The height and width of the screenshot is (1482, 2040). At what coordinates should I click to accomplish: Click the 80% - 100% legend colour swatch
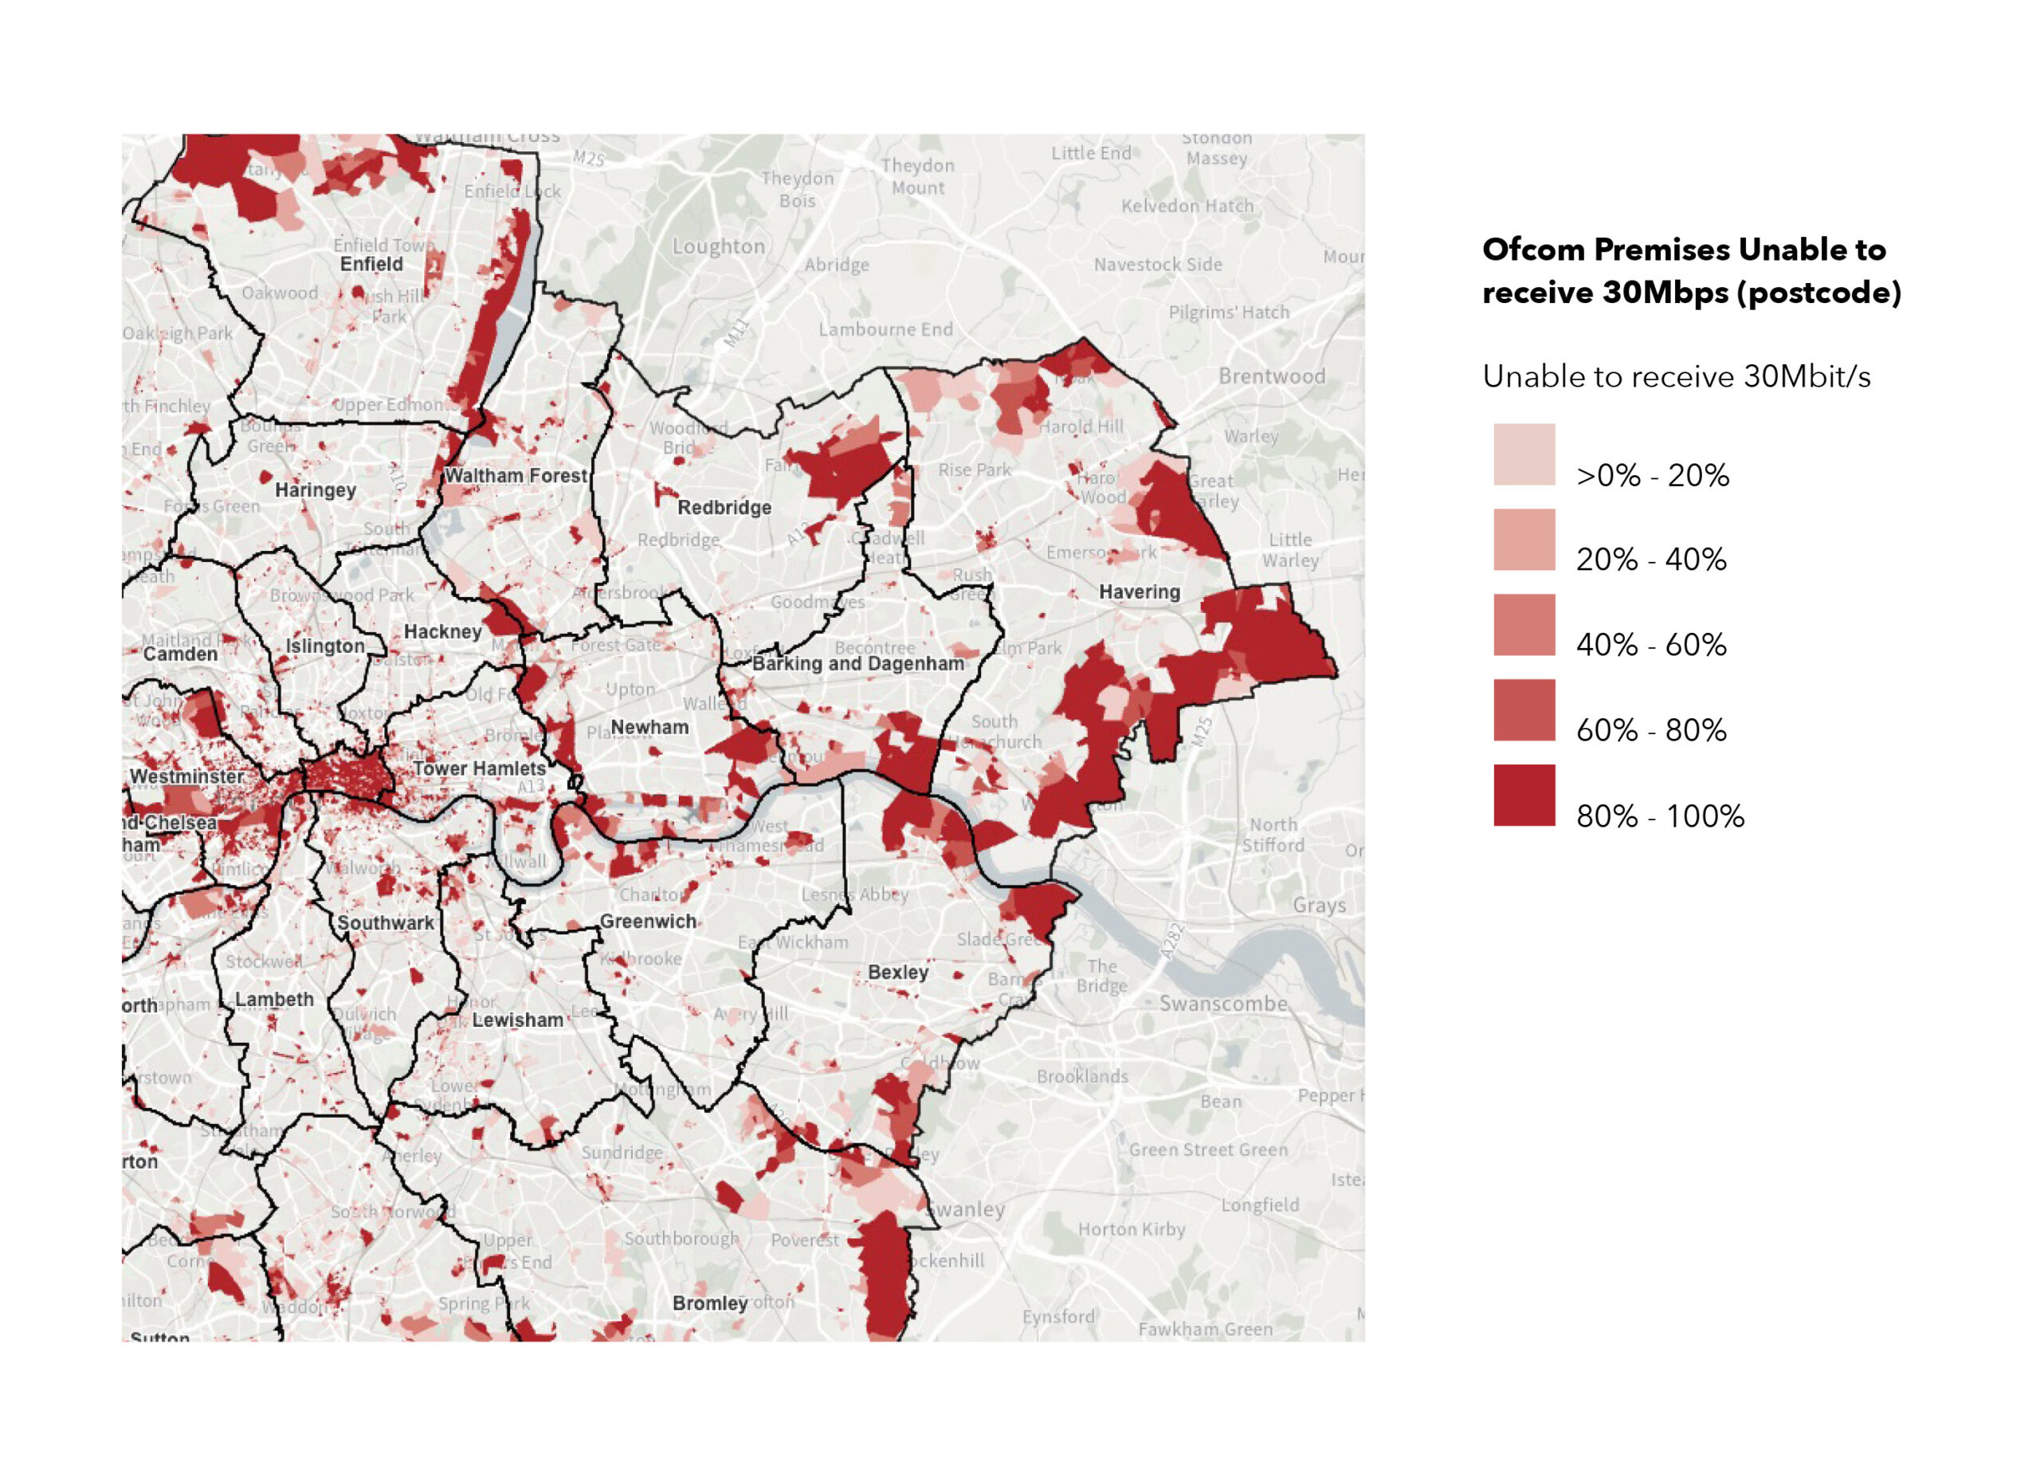pyautogui.click(x=1524, y=795)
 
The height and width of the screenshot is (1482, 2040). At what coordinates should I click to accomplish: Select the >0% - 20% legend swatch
pyautogui.click(x=1524, y=454)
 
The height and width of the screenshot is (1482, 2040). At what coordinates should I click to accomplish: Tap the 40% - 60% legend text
pyautogui.click(x=1650, y=644)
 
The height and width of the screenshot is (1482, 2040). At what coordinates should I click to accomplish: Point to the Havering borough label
pyautogui.click(x=1139, y=592)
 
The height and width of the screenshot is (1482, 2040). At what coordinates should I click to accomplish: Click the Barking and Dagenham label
pyautogui.click(x=857, y=664)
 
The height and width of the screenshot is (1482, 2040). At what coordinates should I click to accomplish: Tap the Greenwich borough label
pyautogui.click(x=648, y=922)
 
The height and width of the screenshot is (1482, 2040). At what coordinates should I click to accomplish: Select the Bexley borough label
pyautogui.click(x=897, y=972)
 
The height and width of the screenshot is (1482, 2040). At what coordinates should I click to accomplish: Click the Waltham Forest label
pyautogui.click(x=516, y=475)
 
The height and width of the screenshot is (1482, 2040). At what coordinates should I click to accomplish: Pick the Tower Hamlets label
pyautogui.click(x=480, y=769)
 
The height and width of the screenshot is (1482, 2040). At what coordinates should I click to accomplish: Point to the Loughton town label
pyautogui.click(x=718, y=246)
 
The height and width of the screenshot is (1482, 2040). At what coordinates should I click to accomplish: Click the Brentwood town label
pyautogui.click(x=1271, y=376)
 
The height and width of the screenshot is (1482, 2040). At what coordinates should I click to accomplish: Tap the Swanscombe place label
pyautogui.click(x=1222, y=1004)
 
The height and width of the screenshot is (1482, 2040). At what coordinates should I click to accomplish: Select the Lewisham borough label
pyautogui.click(x=517, y=1020)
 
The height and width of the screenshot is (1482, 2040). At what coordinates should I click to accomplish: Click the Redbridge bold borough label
pyautogui.click(x=724, y=508)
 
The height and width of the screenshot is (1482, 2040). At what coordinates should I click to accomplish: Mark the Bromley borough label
pyautogui.click(x=710, y=1303)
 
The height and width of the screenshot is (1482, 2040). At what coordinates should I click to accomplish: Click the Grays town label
pyautogui.click(x=1319, y=905)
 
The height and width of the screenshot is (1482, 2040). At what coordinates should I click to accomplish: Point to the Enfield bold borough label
pyautogui.click(x=371, y=265)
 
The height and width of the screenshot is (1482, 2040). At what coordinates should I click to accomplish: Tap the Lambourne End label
pyautogui.click(x=885, y=329)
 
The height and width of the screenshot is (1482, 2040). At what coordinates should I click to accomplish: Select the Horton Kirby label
pyautogui.click(x=1131, y=1229)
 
